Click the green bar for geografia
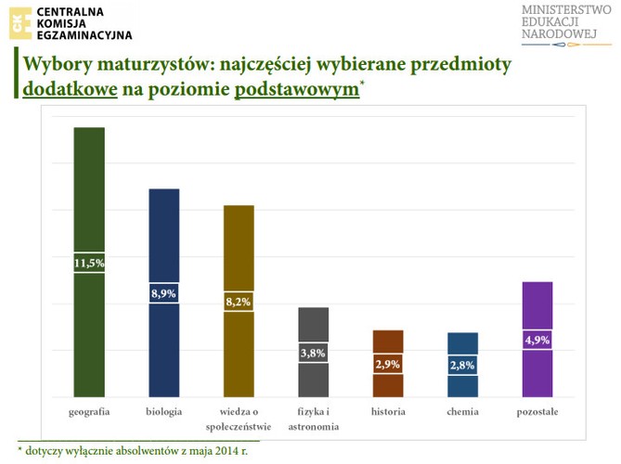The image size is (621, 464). [89, 195]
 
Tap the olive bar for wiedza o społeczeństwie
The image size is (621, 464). [239, 251]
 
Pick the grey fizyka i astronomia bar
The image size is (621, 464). [313, 325]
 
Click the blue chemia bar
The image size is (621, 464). [462, 343]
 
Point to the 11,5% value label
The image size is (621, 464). [89, 264]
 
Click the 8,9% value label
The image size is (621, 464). [164, 293]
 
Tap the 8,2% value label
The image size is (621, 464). [239, 302]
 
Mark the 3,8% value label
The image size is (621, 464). [313, 353]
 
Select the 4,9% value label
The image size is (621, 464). [537, 340]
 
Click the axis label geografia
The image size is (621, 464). [90, 411]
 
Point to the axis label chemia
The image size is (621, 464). [462, 411]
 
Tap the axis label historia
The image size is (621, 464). [388, 411]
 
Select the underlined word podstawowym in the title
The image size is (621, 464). [297, 89]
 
